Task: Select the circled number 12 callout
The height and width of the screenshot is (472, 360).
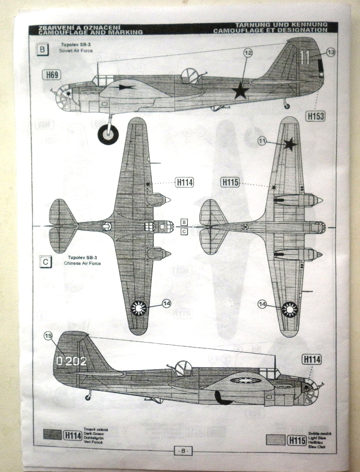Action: pos(248,53)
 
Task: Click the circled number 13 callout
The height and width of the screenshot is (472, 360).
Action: pos(330,53)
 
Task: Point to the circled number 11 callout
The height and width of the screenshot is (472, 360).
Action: pos(262,141)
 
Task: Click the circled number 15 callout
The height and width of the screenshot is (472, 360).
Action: pos(48,336)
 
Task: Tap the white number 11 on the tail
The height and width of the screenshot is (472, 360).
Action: pos(304,57)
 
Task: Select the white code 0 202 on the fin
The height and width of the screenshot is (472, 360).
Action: pos(71,361)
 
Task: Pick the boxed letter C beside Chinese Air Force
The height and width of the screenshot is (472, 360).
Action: pos(46,262)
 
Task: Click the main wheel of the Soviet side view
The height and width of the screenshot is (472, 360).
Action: pos(108,134)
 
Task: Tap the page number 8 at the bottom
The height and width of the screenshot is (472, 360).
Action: pos(183,451)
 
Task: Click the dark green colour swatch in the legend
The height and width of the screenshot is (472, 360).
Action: pos(52,434)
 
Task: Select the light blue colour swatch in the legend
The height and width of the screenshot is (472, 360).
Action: pos(276,440)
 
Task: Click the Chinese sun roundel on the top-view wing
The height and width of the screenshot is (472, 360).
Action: pos(138,308)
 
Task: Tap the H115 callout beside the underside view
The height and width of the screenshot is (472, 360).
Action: pos(230,183)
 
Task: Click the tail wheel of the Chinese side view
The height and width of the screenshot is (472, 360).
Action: pos(88,397)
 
